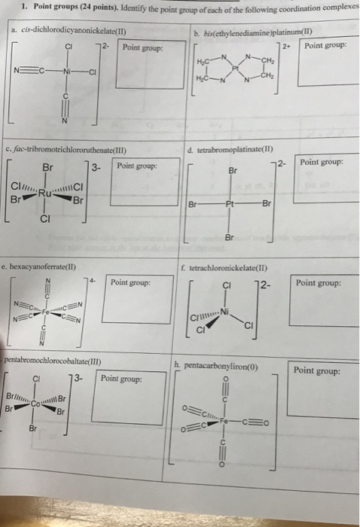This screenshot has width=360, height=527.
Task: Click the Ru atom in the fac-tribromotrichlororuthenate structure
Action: [x=47, y=190]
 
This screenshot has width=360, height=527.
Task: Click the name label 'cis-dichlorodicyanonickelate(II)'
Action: [x=70, y=32]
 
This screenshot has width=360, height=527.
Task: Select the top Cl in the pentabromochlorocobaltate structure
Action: [x=37, y=379]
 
